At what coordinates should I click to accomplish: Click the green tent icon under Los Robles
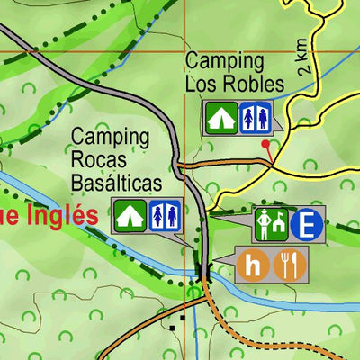(220, 117)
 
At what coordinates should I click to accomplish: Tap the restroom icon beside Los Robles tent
(256, 117)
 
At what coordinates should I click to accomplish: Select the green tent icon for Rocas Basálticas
(130, 215)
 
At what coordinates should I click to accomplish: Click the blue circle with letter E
(307, 224)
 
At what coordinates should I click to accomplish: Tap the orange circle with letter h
(256, 264)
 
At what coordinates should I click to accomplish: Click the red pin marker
(265, 145)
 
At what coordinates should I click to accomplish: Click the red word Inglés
(58, 216)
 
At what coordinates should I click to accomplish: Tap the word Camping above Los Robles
(225, 62)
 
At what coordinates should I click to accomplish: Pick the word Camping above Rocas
(110, 138)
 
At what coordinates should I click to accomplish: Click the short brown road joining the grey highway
(225, 164)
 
